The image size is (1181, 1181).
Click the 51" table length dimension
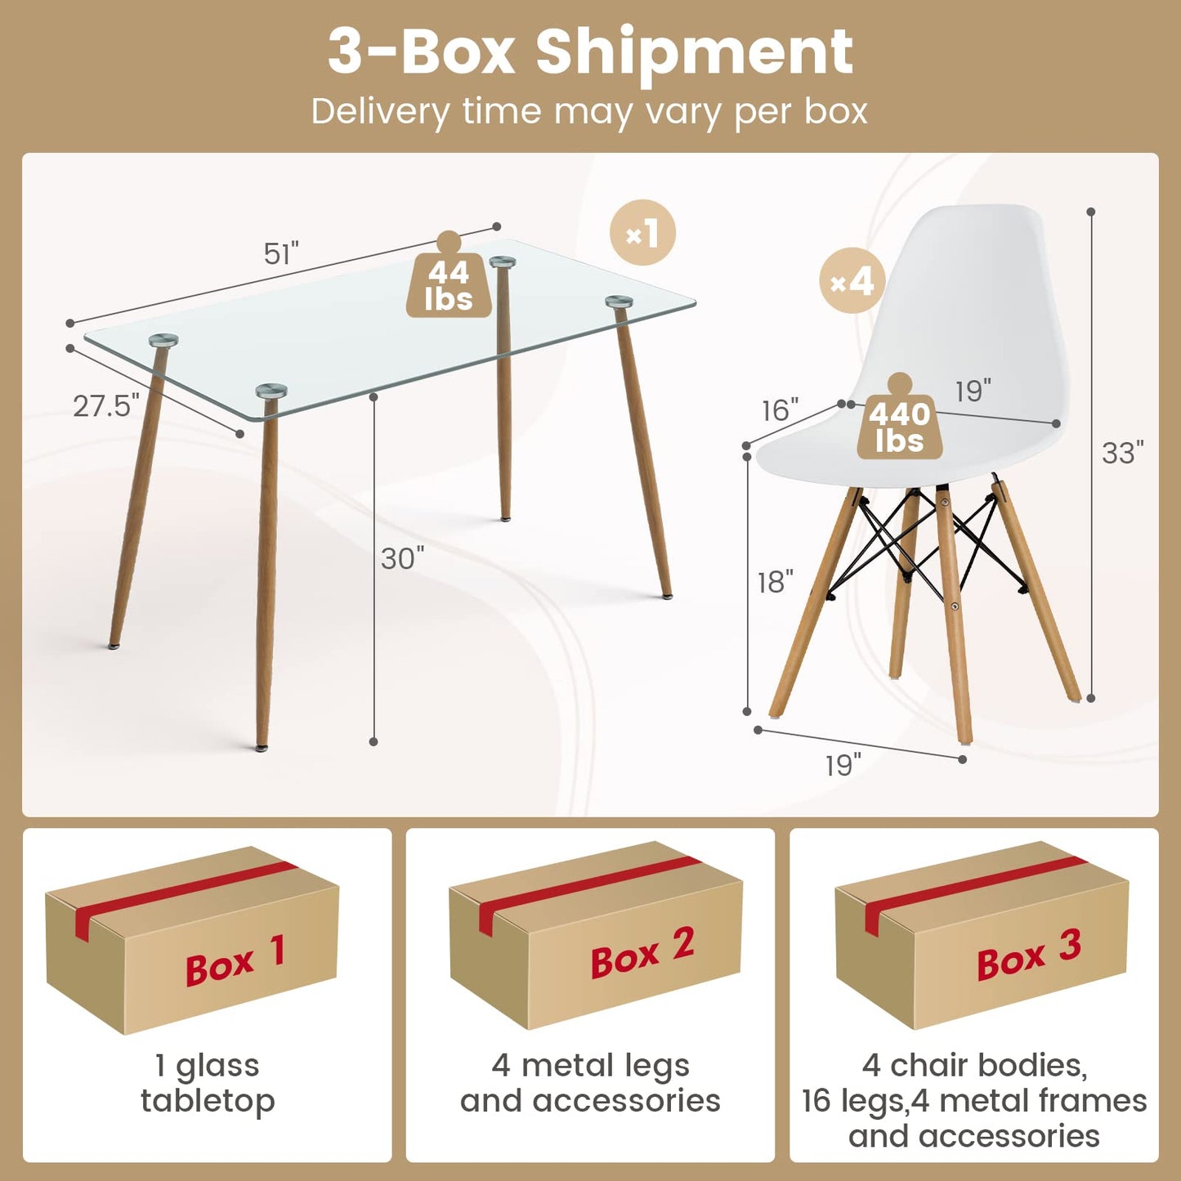[x=281, y=253]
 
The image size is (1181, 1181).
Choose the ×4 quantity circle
[x=852, y=280]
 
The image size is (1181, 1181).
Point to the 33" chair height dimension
[x=1123, y=453]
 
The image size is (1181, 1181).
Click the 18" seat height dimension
[x=776, y=582]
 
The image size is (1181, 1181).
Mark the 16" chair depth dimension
[x=781, y=410]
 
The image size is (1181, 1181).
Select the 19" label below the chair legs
[x=843, y=765]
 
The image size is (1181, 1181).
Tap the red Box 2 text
[x=642, y=954]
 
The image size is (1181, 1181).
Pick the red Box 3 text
[x=1029, y=955]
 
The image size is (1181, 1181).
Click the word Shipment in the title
[x=695, y=54]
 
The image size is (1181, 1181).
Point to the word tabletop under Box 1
[x=208, y=1102]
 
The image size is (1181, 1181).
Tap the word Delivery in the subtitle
[x=381, y=112]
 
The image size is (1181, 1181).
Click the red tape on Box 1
[x=184, y=896]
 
